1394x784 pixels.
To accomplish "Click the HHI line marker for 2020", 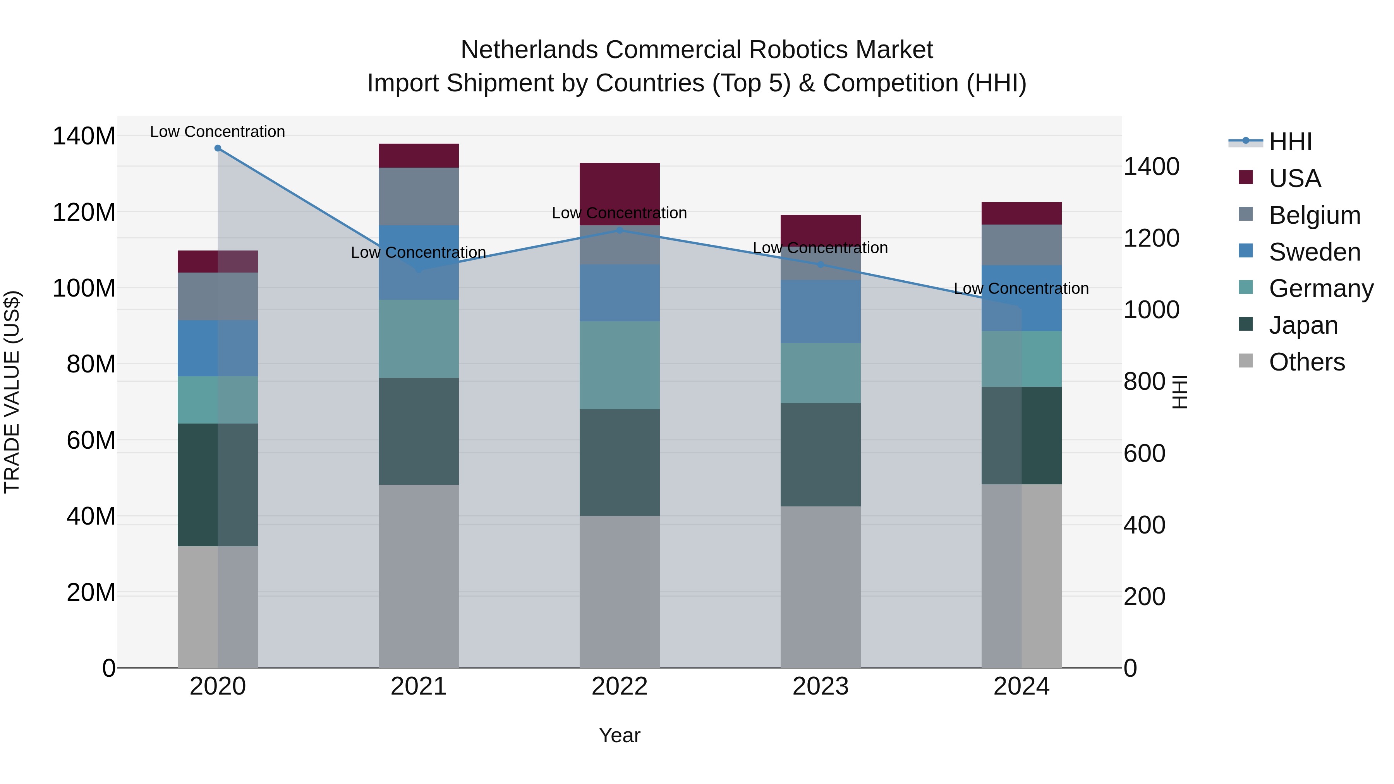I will tap(218, 148).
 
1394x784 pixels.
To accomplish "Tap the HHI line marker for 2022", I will tap(620, 230).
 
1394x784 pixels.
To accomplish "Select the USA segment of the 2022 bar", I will tap(620, 193).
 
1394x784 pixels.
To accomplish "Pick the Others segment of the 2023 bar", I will tap(821, 587).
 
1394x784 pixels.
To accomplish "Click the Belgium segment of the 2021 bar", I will tap(418, 196).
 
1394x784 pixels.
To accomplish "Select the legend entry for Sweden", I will tap(1314, 252).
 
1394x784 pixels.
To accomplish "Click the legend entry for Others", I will tap(1306, 362).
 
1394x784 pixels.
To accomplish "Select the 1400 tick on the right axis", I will tap(1151, 166).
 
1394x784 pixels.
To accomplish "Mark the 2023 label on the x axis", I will tap(821, 686).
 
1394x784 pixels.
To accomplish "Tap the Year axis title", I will tap(620, 735).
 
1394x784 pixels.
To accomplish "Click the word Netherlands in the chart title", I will tap(529, 50).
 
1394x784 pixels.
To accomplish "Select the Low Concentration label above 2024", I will tap(1021, 288).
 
